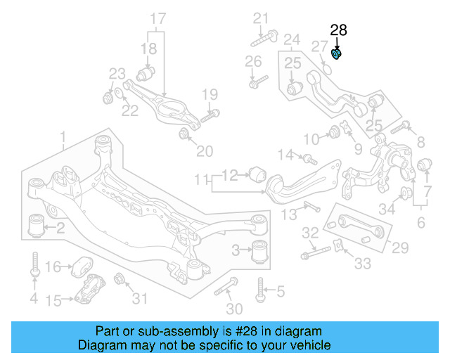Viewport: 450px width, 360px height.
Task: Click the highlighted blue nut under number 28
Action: tap(337, 53)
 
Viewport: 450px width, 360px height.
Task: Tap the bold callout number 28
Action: tap(338, 30)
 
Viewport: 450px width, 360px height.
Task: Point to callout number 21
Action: tap(261, 18)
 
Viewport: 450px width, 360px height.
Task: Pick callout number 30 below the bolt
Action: tap(235, 309)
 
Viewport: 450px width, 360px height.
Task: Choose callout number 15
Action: tap(53, 301)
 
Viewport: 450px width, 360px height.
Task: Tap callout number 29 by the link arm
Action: tap(400, 247)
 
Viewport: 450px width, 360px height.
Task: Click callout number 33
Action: tap(363, 264)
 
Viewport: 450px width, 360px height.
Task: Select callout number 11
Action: tap(202, 179)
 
